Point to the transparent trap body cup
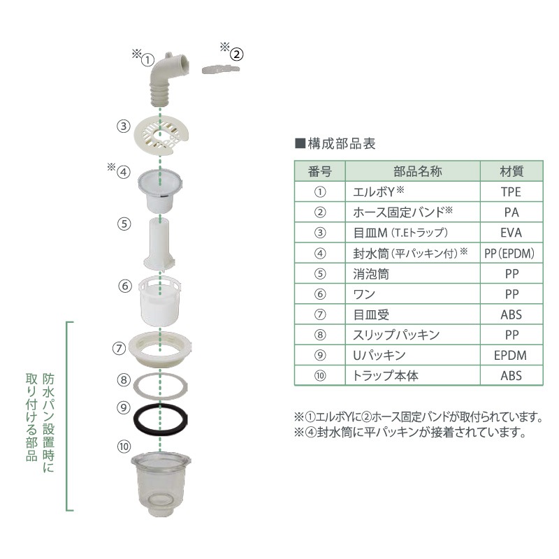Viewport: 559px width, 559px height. tap(160, 482)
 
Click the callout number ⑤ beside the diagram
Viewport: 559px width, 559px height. tap(124, 224)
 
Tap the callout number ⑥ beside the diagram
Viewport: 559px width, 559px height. tap(124, 286)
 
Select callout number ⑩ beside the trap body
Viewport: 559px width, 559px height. tap(124, 444)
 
